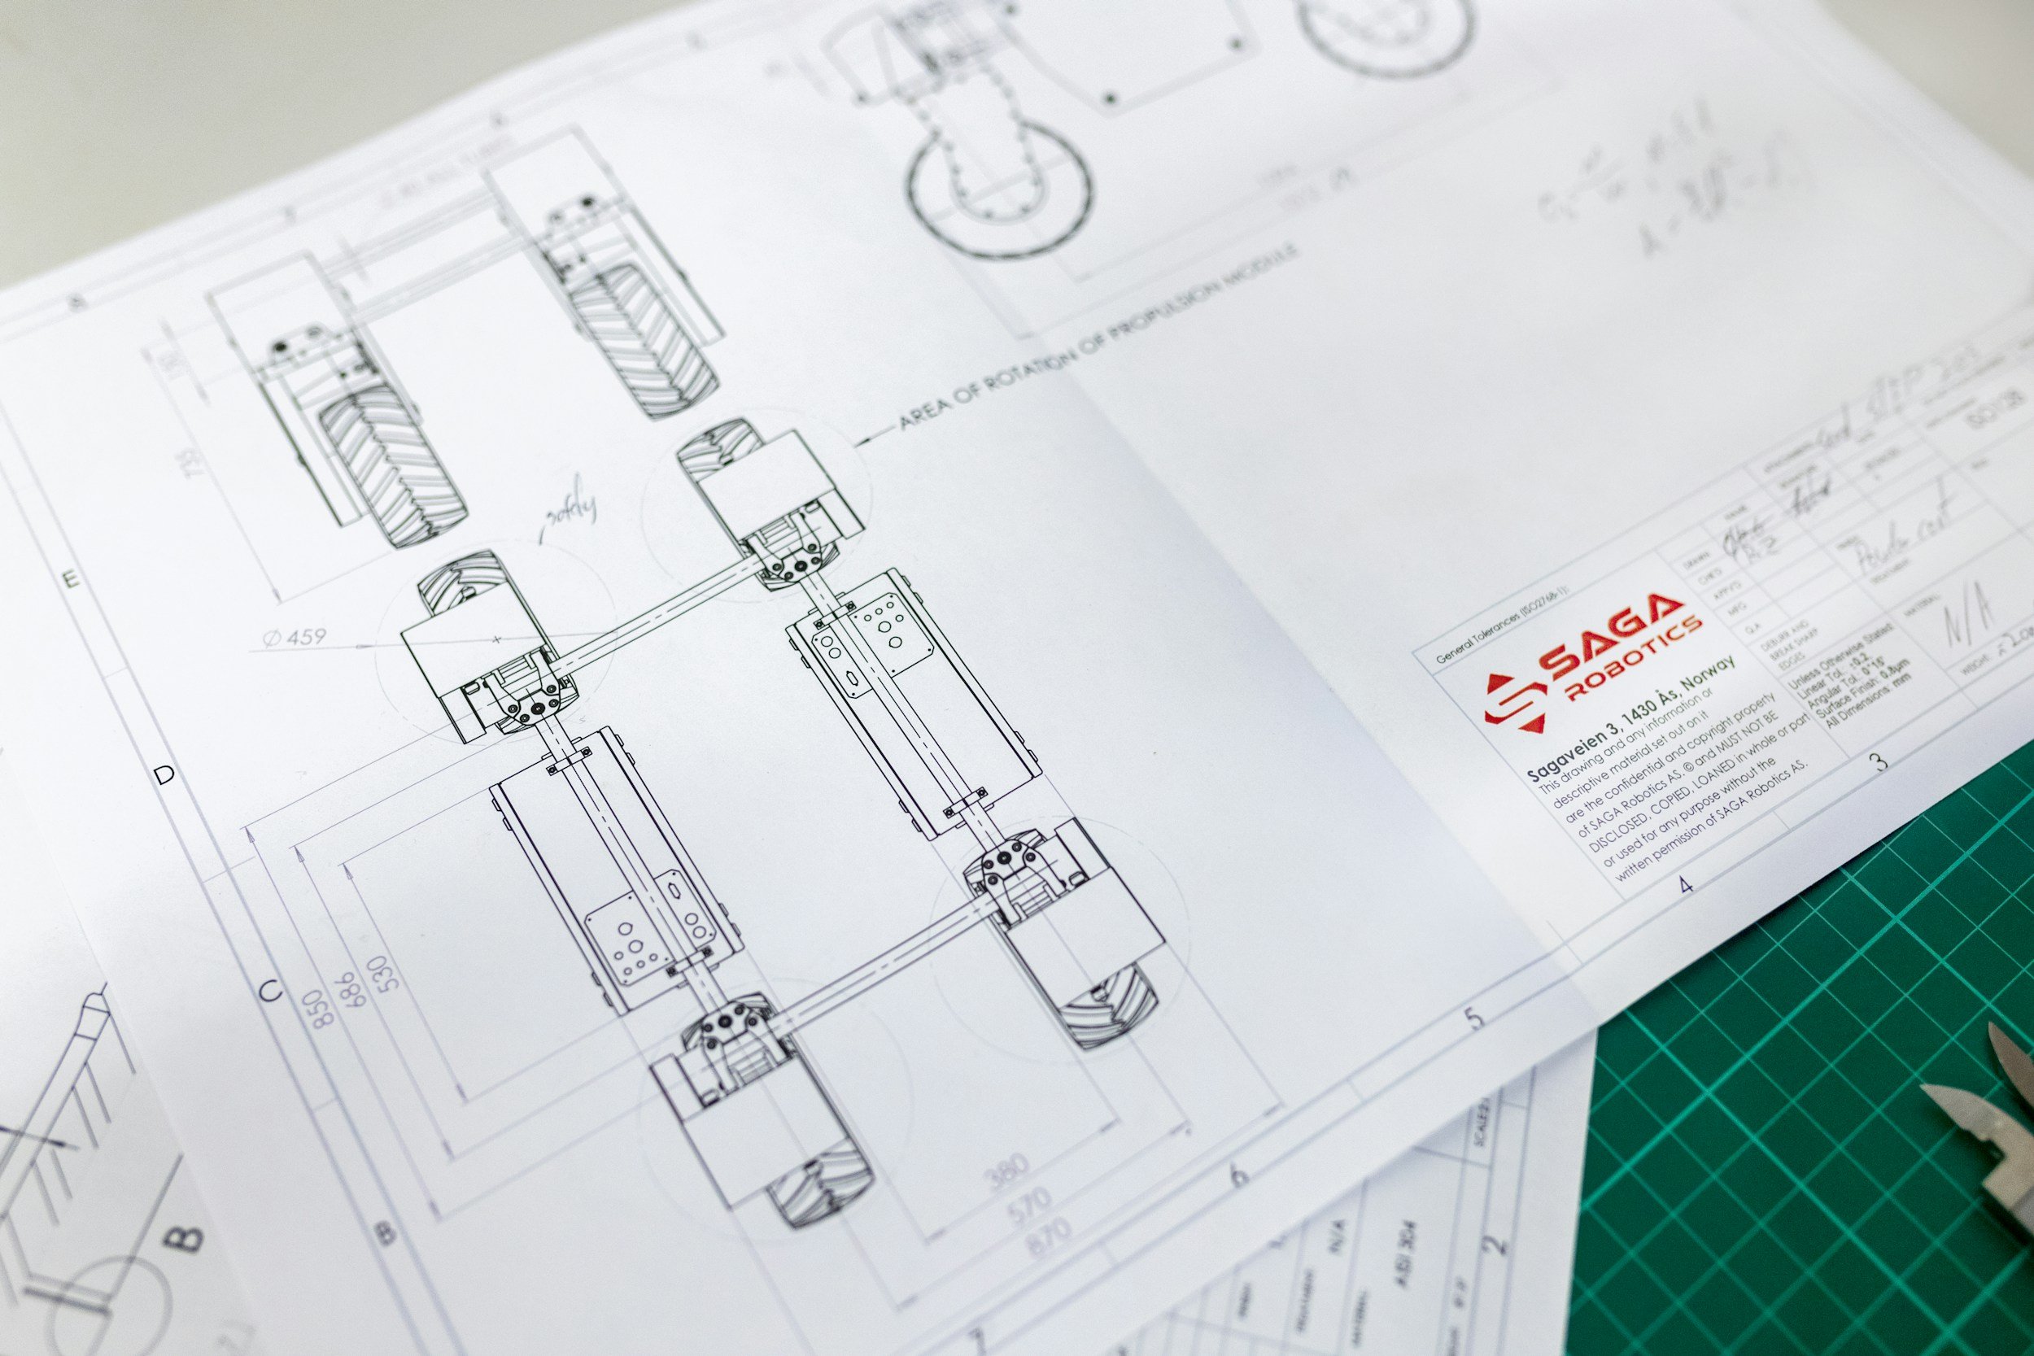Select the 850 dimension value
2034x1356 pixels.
[x=324, y=1008]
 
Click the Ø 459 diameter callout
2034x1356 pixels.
[x=295, y=638]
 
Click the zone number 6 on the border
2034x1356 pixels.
[x=1239, y=1175]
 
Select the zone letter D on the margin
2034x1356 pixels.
[x=164, y=775]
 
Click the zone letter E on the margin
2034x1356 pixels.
[x=72, y=578]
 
